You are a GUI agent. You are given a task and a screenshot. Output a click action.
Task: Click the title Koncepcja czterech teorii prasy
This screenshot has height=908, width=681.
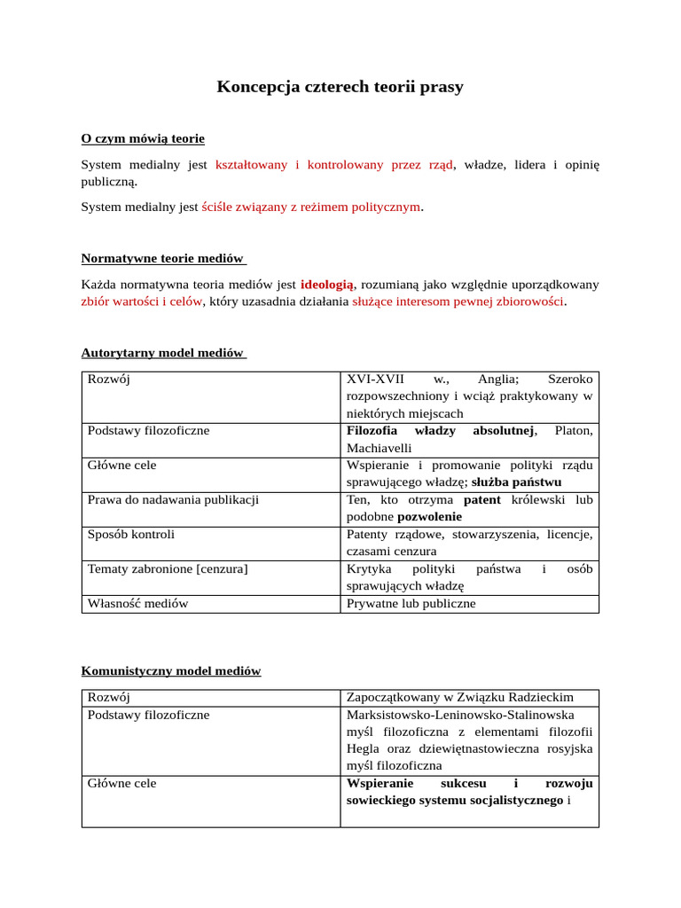coord(340,87)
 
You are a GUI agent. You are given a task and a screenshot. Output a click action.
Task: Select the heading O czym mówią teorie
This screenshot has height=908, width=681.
coord(143,138)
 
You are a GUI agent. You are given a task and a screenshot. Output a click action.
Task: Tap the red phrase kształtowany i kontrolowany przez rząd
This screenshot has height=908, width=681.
coord(334,164)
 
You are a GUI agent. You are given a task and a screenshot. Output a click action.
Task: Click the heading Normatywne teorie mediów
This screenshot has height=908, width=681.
coord(162,258)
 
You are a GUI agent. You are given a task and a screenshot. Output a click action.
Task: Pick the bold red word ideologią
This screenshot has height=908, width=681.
coord(327,285)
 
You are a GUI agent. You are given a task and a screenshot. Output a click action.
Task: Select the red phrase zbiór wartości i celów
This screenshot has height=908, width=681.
coord(142,301)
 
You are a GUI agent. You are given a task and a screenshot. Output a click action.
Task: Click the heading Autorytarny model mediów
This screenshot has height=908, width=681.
coord(162,352)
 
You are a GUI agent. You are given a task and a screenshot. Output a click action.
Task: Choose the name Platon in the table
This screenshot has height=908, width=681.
coord(574,431)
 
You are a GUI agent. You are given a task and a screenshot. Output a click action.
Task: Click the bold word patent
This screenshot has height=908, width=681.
coord(482,500)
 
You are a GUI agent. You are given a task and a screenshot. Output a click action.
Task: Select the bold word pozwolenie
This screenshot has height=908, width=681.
coord(430,517)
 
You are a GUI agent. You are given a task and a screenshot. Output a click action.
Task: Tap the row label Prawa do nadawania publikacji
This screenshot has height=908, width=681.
coord(173,500)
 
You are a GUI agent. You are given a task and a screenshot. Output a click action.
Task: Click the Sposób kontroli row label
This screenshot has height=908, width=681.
coord(131,535)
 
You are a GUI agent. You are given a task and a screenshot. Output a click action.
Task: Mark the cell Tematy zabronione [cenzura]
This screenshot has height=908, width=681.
coord(168,569)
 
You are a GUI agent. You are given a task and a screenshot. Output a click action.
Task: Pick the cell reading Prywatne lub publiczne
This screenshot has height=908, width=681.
coord(411,604)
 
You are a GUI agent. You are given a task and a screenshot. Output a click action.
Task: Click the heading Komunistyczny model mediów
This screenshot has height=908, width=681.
coord(171,670)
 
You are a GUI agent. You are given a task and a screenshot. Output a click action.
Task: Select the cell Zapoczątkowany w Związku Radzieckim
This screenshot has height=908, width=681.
coord(460,698)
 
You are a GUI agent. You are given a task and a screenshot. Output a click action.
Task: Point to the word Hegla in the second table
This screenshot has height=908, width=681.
coord(366,749)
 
